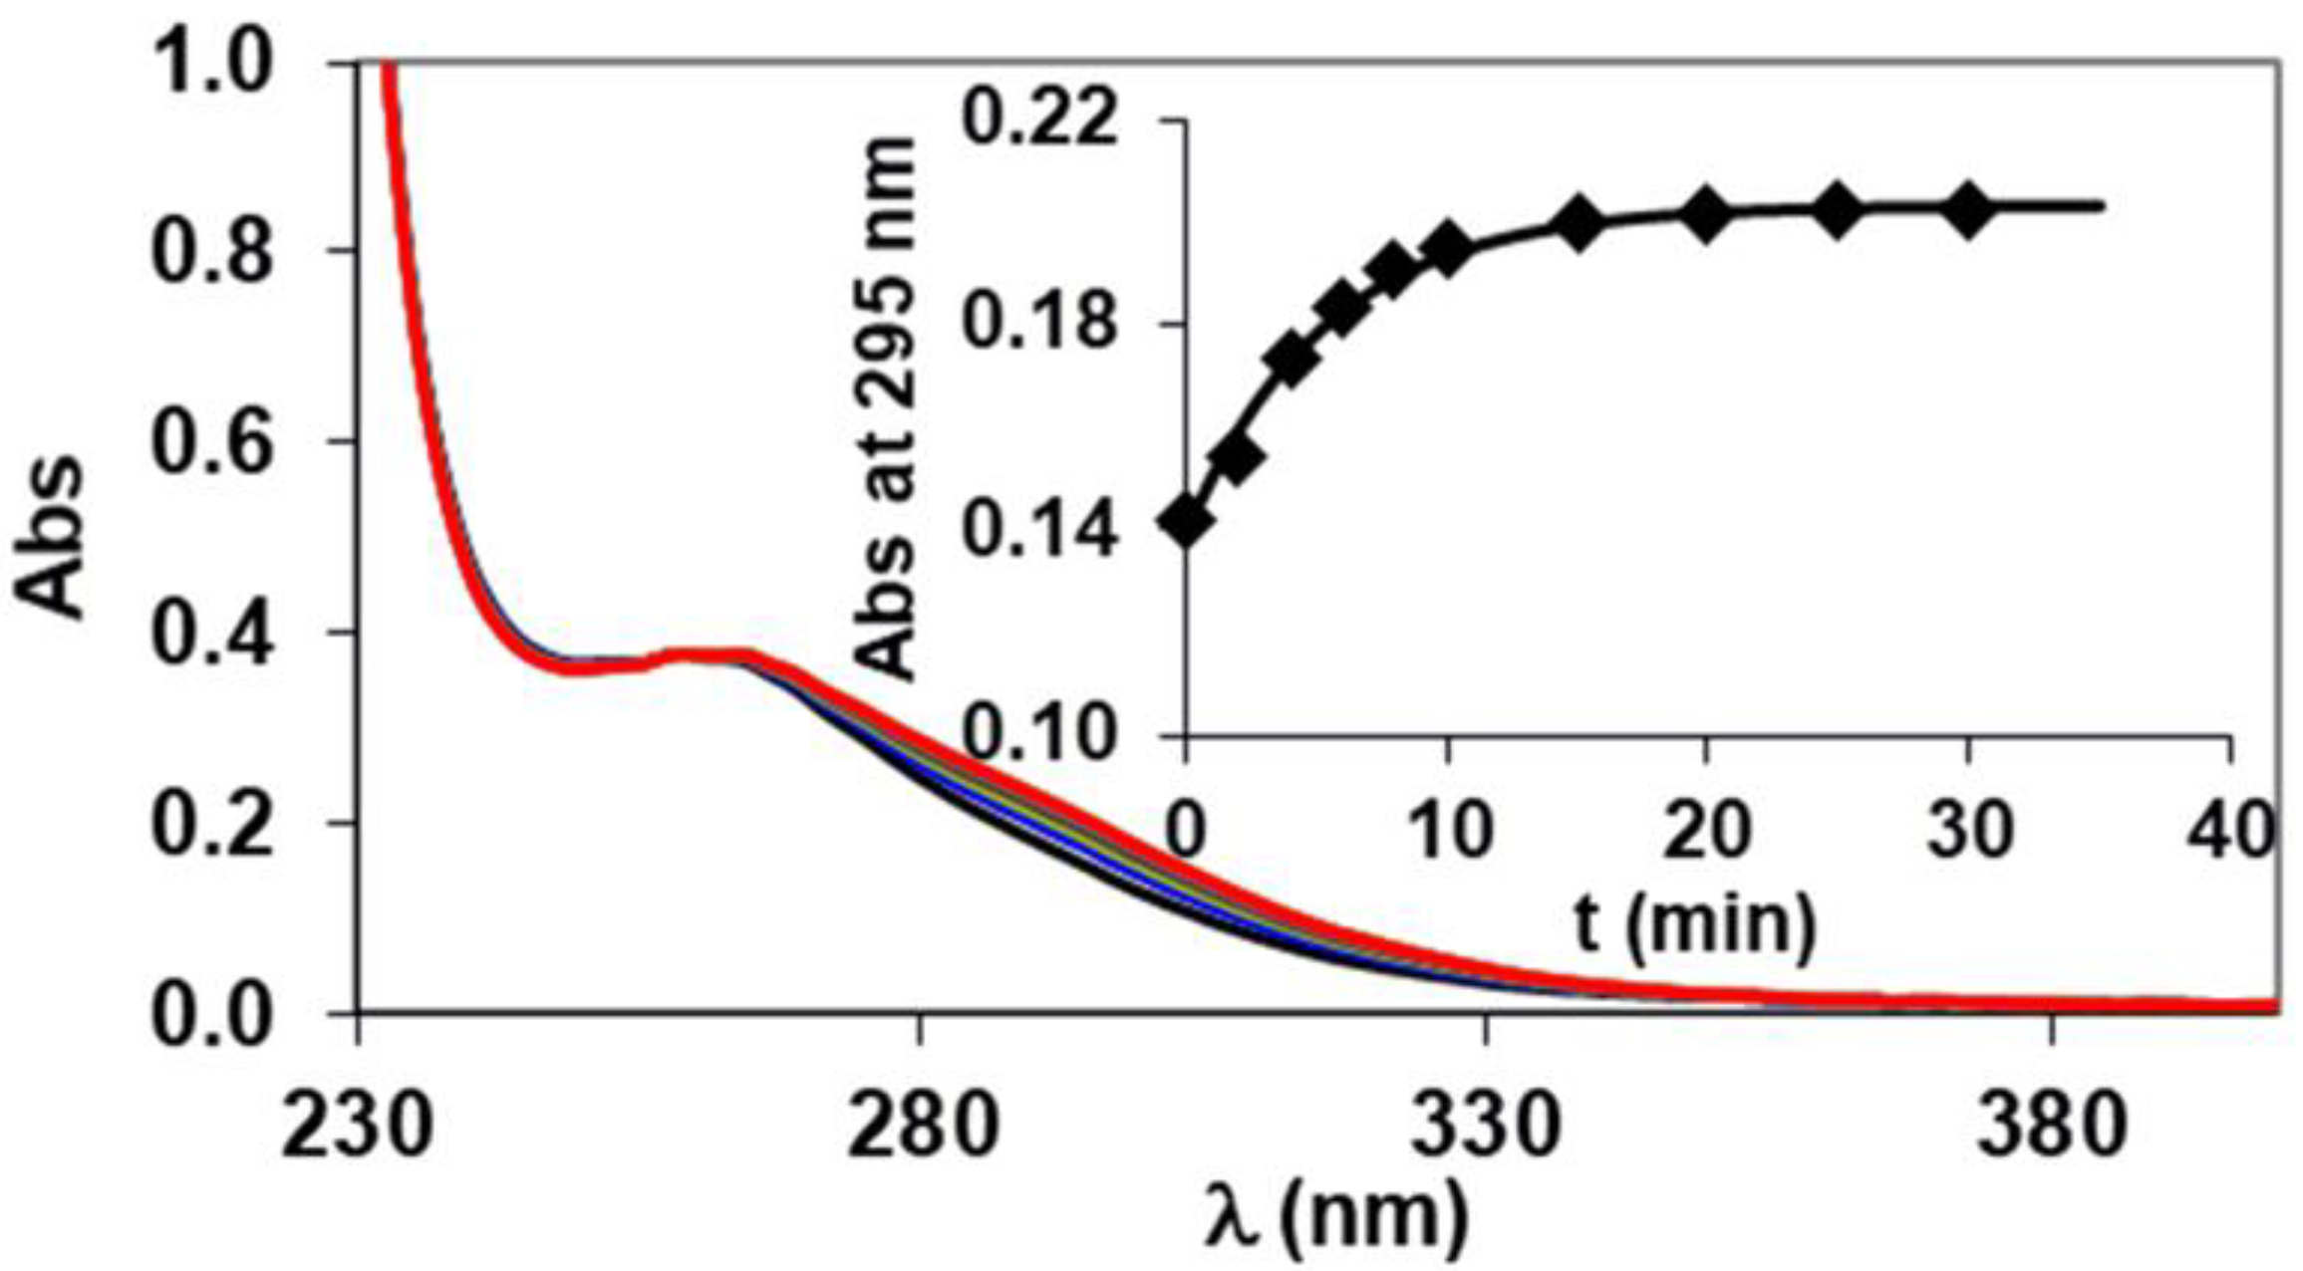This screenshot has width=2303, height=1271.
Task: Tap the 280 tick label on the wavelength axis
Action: (x=922, y=1129)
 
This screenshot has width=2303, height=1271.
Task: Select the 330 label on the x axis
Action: (x=1487, y=1129)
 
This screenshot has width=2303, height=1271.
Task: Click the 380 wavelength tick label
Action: (x=2051, y=1129)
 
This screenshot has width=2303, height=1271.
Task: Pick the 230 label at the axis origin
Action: (x=357, y=1129)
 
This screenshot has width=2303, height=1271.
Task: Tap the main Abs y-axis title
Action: (x=50, y=538)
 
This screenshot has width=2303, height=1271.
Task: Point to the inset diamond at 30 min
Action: (x=1968, y=210)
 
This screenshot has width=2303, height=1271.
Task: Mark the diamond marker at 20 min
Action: (x=1706, y=214)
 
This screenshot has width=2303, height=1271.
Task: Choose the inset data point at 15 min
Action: (x=1578, y=223)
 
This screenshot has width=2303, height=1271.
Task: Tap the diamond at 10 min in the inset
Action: (x=1447, y=248)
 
